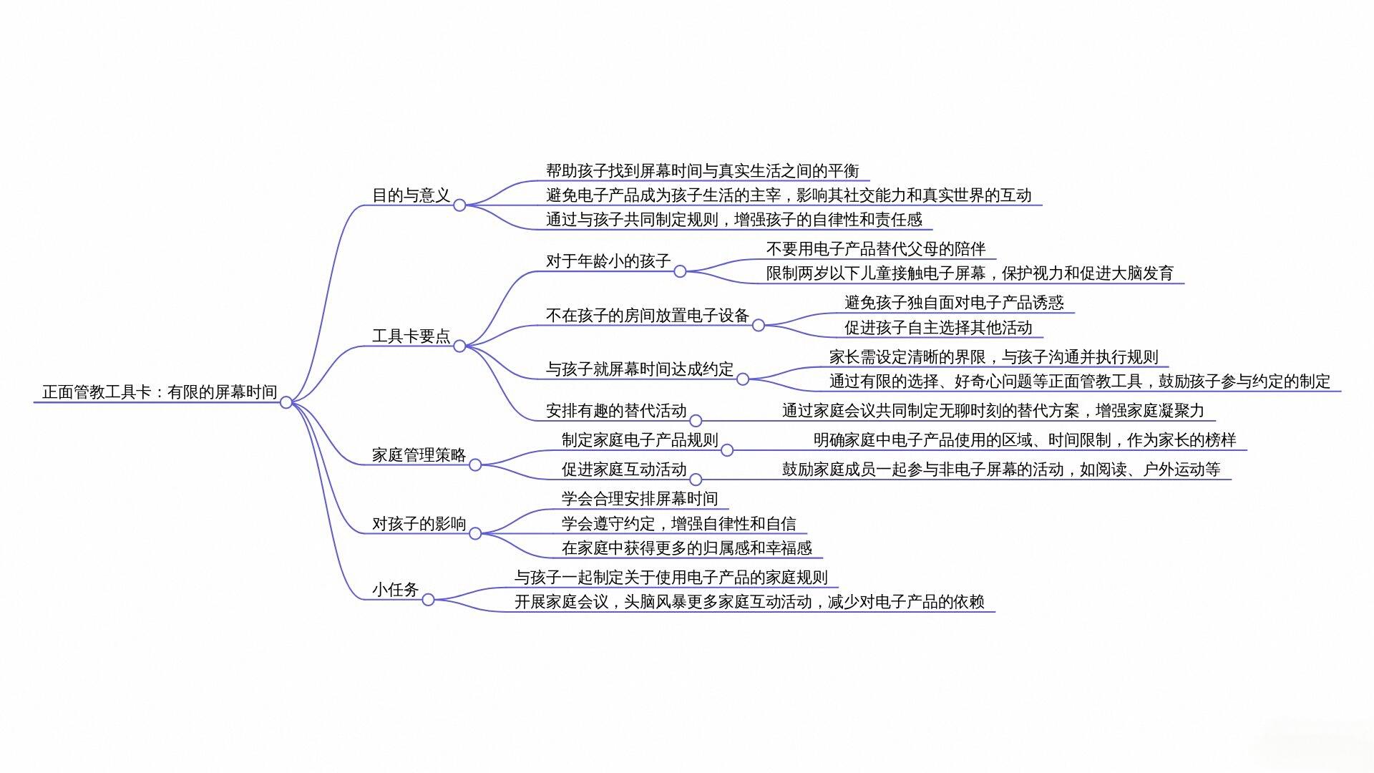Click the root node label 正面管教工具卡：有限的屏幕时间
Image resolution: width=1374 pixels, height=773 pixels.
tap(160, 392)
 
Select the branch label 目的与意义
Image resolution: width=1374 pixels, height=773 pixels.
tap(411, 195)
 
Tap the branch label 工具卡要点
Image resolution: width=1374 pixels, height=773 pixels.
tap(411, 336)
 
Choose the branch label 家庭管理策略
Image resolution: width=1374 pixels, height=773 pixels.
tap(419, 455)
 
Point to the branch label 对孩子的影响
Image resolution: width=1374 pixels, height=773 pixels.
tap(419, 524)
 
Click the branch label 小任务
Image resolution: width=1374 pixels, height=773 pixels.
tap(396, 590)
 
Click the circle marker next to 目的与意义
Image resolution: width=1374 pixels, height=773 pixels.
tap(459, 205)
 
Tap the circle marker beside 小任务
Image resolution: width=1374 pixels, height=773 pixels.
tap(428, 600)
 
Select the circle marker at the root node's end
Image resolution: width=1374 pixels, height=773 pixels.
tap(286, 402)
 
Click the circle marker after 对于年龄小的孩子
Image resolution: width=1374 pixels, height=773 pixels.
tap(680, 271)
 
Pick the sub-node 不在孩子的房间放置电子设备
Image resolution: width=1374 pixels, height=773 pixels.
tap(648, 316)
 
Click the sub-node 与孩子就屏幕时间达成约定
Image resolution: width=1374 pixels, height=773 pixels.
tap(640, 369)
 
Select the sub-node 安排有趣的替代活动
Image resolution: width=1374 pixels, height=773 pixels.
tap(616, 411)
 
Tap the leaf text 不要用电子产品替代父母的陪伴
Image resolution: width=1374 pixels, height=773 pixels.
tap(876, 249)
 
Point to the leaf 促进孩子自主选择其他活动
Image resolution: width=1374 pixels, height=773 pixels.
tap(938, 328)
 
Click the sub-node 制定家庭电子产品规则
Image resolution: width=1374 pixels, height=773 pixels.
tap(640, 440)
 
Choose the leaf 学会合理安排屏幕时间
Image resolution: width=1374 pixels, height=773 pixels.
tap(640, 499)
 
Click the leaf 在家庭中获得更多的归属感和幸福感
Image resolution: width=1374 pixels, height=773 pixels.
tap(687, 548)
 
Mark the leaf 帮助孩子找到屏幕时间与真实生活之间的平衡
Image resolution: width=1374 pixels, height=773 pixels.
tap(703, 171)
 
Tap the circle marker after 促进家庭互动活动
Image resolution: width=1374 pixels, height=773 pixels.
tap(696, 480)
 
